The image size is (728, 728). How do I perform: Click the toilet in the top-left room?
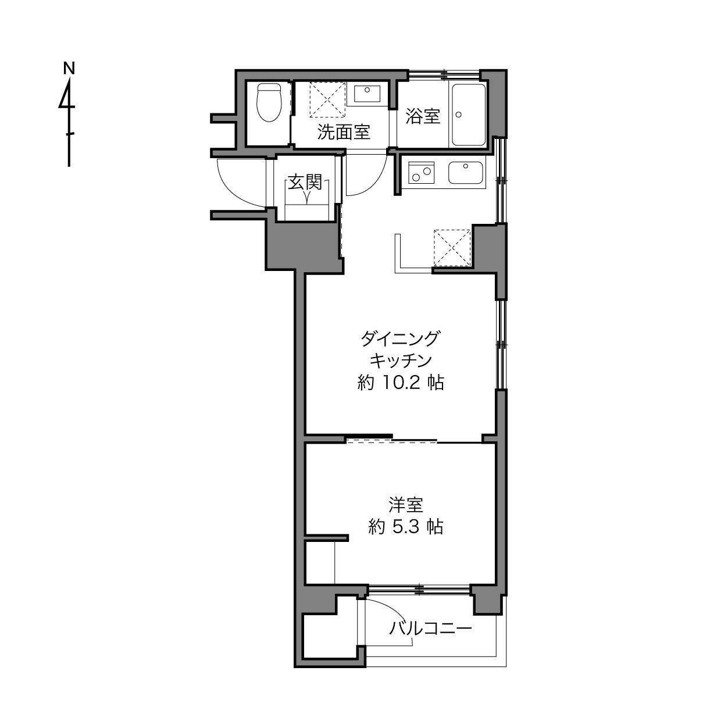(269, 102)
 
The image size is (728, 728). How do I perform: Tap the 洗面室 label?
(344, 132)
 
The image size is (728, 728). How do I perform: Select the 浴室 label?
(423, 116)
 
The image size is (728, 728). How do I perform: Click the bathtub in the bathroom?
(469, 115)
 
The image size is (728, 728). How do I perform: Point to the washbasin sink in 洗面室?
(367, 94)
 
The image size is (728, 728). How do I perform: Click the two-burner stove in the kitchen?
(421, 172)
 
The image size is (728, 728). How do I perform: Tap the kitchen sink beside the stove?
(465, 173)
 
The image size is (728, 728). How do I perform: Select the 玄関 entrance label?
(305, 183)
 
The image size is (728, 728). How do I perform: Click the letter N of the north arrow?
(69, 69)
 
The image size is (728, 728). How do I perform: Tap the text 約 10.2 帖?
(401, 383)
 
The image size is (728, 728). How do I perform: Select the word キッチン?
(401, 361)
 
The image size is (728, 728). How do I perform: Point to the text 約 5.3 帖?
(406, 526)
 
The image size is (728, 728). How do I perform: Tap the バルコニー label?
(431, 628)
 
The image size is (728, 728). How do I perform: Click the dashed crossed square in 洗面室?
(327, 99)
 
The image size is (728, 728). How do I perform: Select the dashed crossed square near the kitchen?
(452, 248)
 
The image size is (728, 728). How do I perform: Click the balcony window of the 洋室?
(419, 590)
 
